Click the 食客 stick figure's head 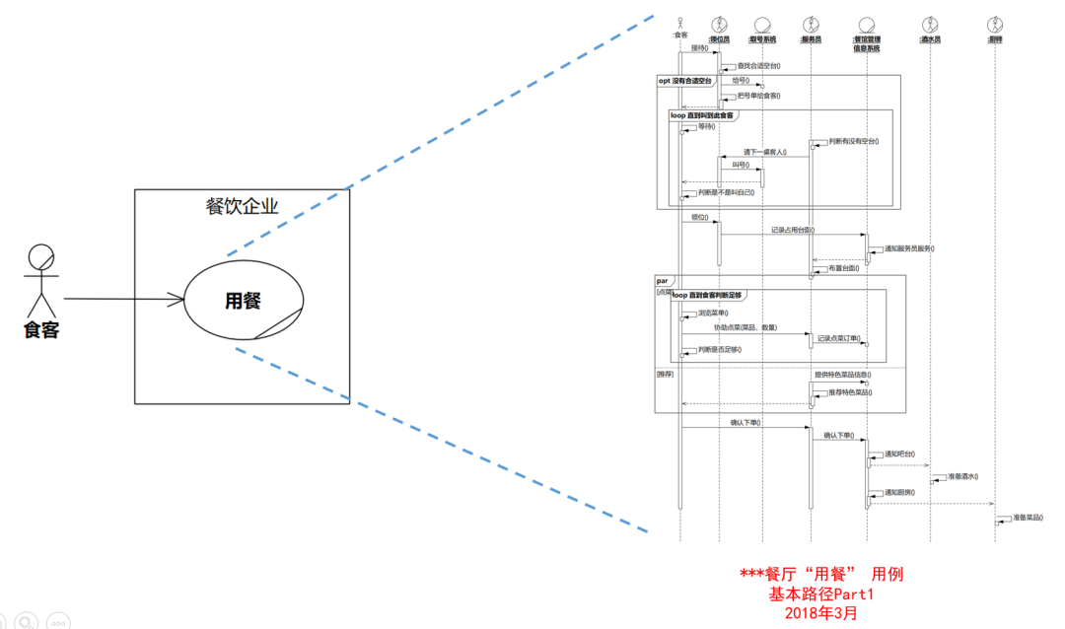[x=40, y=257]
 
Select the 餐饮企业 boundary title [x=242, y=206]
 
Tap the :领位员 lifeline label [x=719, y=40]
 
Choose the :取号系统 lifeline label [x=762, y=40]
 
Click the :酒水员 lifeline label [x=930, y=40]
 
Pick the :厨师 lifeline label [x=995, y=40]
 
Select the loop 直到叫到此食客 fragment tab [x=703, y=115]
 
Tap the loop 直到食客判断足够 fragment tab [x=707, y=294]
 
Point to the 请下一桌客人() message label [x=765, y=152]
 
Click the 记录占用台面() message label [x=793, y=230]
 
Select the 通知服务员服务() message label [x=909, y=248]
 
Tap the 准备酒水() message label [x=962, y=476]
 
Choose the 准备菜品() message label [x=1029, y=518]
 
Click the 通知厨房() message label [x=901, y=491]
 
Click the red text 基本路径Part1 [x=821, y=594]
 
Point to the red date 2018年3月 [x=821, y=612]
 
